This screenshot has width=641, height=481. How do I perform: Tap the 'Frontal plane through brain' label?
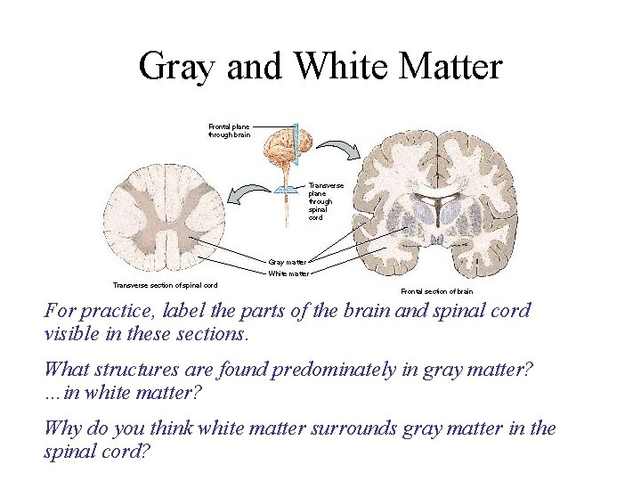[229, 131]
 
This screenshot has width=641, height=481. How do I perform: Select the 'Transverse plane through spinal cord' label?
[320, 201]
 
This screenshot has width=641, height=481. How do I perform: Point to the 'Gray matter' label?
[287, 262]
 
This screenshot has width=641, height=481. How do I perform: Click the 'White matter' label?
[288, 273]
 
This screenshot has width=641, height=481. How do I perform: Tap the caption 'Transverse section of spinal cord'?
[165, 285]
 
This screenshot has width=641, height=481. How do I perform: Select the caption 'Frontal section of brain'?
[436, 291]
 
